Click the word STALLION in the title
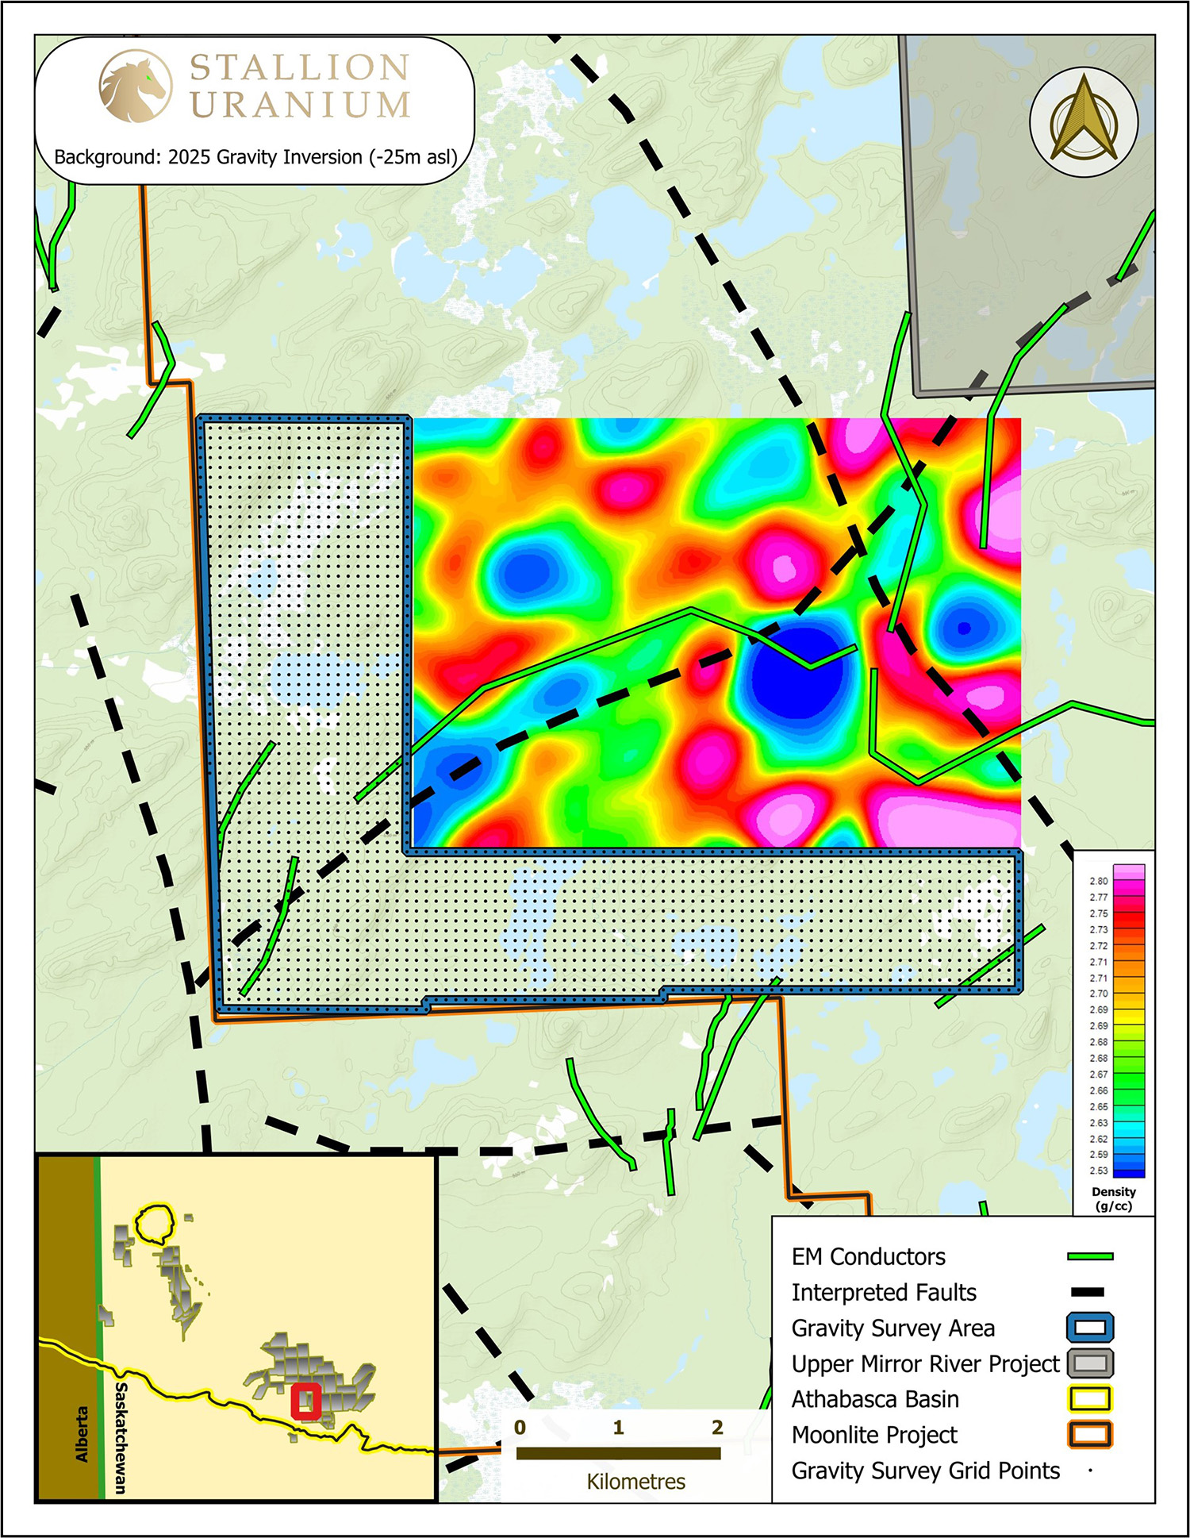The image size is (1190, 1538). click(x=299, y=67)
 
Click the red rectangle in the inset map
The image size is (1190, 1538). click(x=305, y=1401)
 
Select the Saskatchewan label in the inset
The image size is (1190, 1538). click(x=121, y=1437)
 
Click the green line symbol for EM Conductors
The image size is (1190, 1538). click(x=1090, y=1256)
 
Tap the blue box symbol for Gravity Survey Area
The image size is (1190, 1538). click(x=1090, y=1328)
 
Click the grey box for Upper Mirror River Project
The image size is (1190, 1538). click(x=1090, y=1363)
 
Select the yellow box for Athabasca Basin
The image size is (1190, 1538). click(x=1090, y=1398)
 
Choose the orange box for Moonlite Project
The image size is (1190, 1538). click(x=1090, y=1434)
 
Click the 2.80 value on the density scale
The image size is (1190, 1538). click(x=1099, y=881)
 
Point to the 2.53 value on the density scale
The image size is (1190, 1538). click(x=1099, y=1171)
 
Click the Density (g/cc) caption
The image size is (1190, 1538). click(x=1113, y=1198)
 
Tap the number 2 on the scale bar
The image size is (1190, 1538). click(x=717, y=1428)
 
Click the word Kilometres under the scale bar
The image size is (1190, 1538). click(x=635, y=1482)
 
